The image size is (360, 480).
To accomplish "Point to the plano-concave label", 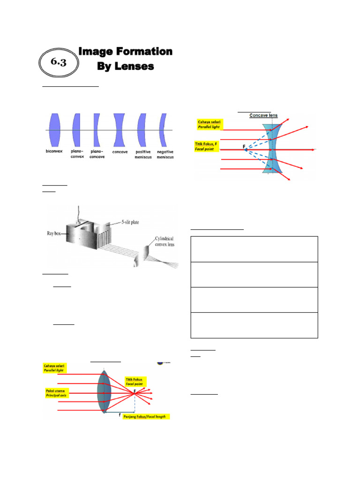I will pos(97,154).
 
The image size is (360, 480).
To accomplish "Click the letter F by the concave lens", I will pos(244,147).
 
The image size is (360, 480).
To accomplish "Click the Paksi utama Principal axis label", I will pos(56,393).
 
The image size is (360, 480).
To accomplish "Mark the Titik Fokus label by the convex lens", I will pos(135,380).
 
